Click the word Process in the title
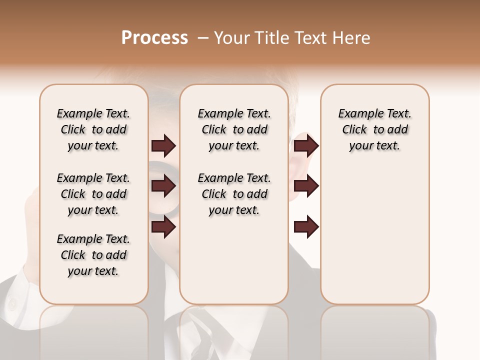click(x=154, y=38)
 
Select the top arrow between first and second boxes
click(x=163, y=146)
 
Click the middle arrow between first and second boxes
click(x=163, y=186)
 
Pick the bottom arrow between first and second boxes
click(x=163, y=227)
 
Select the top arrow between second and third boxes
click(x=306, y=146)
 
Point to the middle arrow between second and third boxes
click(x=306, y=186)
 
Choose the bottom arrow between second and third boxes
click(x=306, y=227)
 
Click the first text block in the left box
click(x=93, y=129)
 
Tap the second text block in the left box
click(x=93, y=194)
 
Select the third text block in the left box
click(x=93, y=255)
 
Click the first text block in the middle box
click(x=234, y=129)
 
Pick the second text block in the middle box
click(x=234, y=194)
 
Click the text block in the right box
click(x=375, y=129)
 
